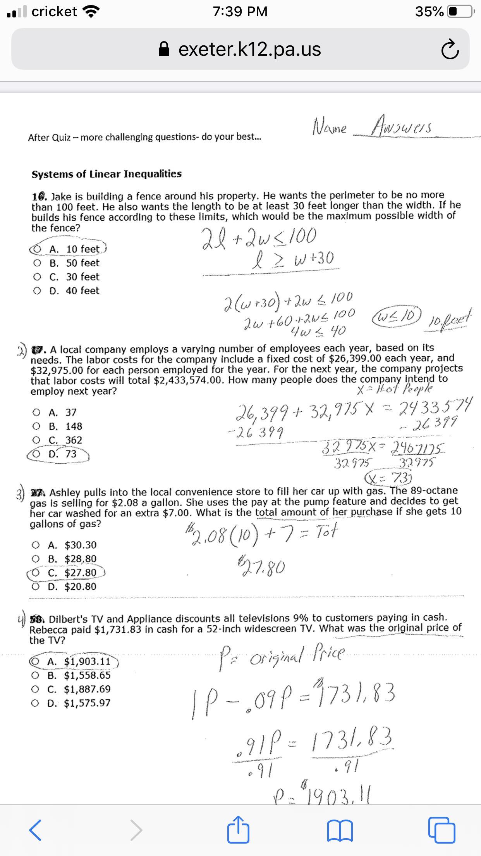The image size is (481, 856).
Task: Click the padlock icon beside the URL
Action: click(x=165, y=49)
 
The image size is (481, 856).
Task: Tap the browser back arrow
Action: click(x=35, y=830)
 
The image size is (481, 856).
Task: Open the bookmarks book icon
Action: click(x=340, y=830)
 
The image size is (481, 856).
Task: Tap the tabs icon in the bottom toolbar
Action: click(x=441, y=830)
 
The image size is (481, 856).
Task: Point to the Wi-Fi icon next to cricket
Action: click(x=91, y=12)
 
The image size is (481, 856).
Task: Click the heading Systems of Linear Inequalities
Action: click(x=107, y=174)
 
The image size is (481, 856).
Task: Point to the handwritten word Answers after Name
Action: click(x=401, y=126)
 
